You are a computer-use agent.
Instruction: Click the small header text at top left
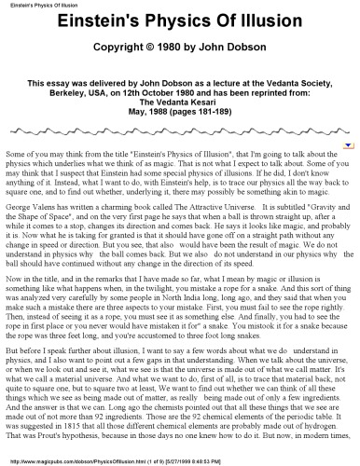(x=33, y=5)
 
